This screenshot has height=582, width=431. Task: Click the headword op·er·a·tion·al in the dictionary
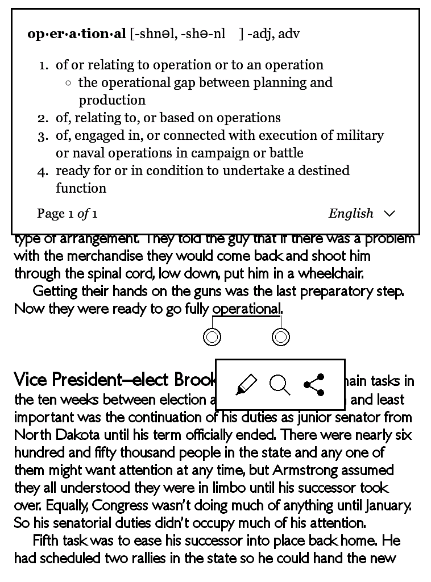point(77,34)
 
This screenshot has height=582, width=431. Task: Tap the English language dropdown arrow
point(389,214)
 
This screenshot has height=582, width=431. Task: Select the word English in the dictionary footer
point(351,214)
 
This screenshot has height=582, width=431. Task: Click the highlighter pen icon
point(246,385)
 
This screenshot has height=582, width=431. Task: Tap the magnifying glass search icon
point(280,385)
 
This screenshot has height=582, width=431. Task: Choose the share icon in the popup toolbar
point(314,385)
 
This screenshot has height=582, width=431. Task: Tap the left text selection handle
point(212,337)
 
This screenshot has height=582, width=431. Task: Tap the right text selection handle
point(281,337)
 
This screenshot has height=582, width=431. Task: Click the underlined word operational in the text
point(246,309)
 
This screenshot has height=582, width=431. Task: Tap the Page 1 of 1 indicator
point(67,214)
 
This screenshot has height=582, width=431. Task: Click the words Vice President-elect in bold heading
point(91,379)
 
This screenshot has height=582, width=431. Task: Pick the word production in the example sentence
point(112,100)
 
